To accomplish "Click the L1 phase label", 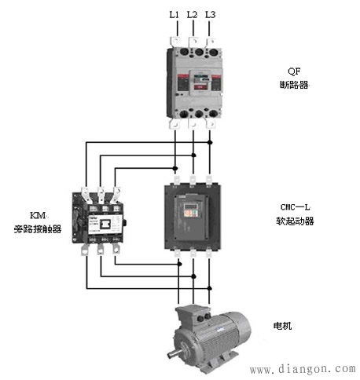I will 174,15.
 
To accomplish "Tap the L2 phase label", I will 192,15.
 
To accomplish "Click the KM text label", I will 39,215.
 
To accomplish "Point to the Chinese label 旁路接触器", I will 38,229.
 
